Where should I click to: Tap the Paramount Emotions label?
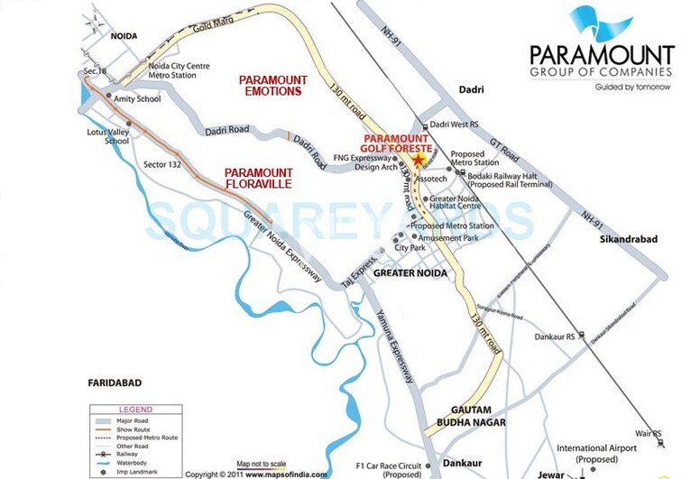(273, 85)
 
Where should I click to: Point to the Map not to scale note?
(262, 464)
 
